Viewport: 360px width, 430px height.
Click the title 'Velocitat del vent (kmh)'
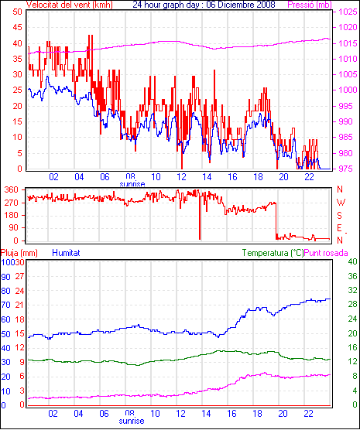70,5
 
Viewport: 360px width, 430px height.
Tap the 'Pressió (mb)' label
310,5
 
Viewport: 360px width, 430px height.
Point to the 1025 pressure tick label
348,12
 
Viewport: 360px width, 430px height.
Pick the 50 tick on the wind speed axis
17,12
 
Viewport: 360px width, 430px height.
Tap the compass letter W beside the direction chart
341,203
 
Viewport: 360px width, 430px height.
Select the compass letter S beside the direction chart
340,216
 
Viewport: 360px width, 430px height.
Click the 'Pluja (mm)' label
19,253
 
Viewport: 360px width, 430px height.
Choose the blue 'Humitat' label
66,253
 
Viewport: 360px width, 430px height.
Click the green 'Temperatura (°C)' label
273,253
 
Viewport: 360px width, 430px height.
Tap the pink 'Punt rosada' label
326,253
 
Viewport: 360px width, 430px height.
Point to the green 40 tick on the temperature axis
352,261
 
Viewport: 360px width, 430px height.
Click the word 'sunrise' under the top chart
132,184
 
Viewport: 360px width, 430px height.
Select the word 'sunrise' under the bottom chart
132,421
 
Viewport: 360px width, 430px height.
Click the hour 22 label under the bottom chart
308,413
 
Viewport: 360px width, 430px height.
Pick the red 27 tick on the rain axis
19,276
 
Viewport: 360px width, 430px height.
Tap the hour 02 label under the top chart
53,177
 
